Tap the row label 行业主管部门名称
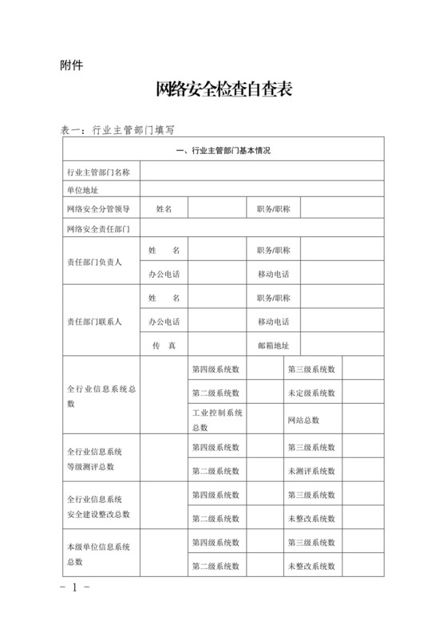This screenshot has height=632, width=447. tap(99, 172)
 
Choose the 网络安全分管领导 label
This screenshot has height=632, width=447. tap(99, 209)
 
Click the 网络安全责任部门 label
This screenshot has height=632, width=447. tap(99, 229)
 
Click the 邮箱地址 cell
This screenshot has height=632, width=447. tap(273, 346)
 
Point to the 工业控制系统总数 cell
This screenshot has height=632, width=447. tap(217, 420)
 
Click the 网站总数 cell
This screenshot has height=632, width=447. tap(303, 420)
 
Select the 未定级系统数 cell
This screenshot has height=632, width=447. tap(311, 393)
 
